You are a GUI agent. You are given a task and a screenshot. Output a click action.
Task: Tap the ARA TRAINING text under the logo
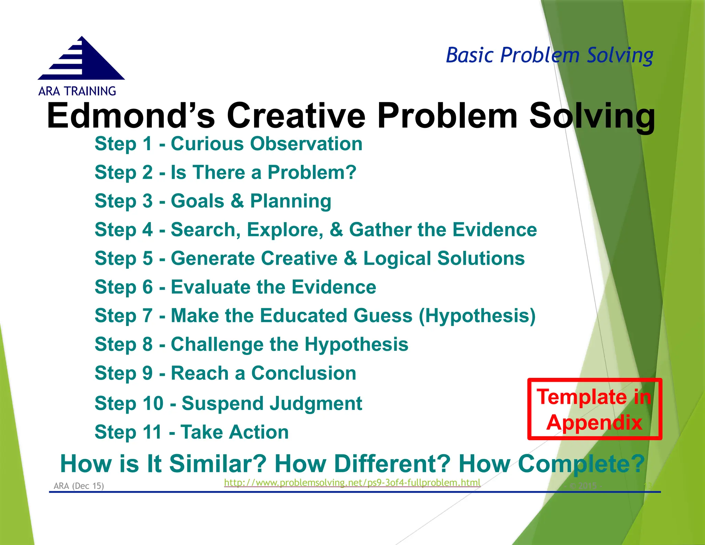pos(77,91)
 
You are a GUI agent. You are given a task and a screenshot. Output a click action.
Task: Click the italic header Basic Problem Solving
pos(549,55)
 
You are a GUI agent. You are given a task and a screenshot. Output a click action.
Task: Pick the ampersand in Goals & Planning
pos(237,201)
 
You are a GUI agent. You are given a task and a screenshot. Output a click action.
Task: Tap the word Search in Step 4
pos(206,230)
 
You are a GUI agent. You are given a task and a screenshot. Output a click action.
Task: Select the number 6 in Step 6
pos(148,287)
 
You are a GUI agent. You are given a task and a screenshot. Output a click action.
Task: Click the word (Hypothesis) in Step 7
pos(477,316)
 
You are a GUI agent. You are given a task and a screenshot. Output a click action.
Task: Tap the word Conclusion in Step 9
pos(304,373)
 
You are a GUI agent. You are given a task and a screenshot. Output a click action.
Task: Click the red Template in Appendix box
pos(594,409)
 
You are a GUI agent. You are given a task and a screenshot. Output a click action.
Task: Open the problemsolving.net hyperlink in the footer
pos(352,483)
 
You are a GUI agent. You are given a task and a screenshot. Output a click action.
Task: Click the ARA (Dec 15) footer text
pos(78,486)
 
